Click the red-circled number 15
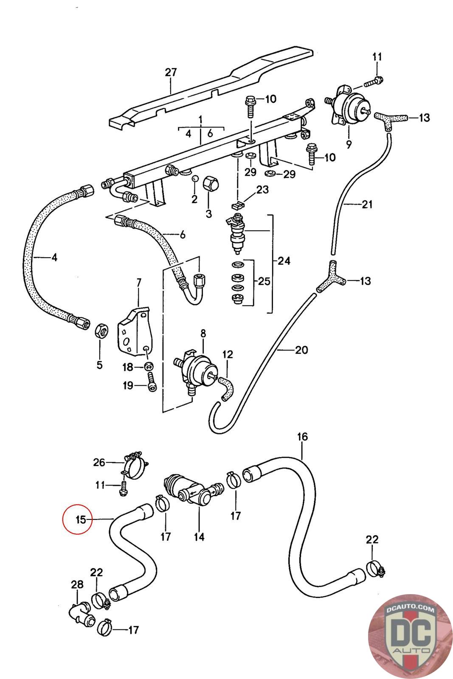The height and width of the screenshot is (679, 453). point(81,519)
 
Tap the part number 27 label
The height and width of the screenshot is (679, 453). point(171,72)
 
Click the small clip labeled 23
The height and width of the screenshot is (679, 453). point(238,206)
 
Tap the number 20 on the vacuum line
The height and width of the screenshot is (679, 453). point(301,350)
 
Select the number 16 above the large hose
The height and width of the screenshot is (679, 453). point(302,437)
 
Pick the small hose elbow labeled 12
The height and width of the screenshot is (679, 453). point(225,386)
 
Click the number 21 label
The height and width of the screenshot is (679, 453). point(367,205)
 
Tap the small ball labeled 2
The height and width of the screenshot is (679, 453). point(195,179)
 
